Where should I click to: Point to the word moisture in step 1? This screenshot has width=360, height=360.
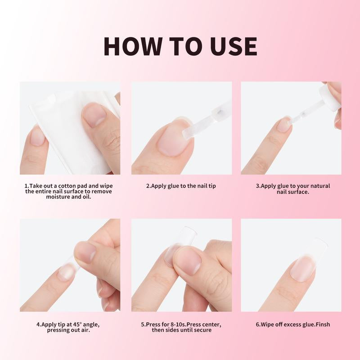[x=58, y=197]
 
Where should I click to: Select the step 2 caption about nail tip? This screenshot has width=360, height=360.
[x=181, y=186]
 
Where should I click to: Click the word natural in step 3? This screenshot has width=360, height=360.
[x=319, y=186]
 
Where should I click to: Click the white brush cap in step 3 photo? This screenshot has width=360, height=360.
[x=329, y=99]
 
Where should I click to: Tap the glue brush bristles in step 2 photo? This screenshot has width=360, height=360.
[x=188, y=133]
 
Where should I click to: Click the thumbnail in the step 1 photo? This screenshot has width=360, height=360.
[x=94, y=114]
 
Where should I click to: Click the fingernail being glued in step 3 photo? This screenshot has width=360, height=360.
[x=283, y=124]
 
